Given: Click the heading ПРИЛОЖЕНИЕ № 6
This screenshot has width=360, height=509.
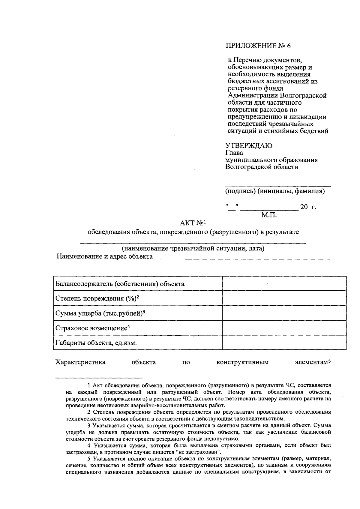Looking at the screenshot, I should pyautogui.click(x=258, y=46).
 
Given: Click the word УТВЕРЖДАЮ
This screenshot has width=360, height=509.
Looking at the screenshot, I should pyautogui.click(x=249, y=146).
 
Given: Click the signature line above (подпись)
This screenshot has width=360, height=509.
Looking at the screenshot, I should pyautogui.click(x=278, y=186).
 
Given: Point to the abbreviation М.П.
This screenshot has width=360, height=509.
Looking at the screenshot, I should pyautogui.click(x=269, y=215).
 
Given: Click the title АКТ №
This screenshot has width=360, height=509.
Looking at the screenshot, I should pyautogui.click(x=192, y=223).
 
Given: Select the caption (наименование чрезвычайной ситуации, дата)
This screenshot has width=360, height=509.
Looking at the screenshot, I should pyautogui.click(x=193, y=248).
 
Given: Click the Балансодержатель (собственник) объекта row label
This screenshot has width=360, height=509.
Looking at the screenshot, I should pyautogui.click(x=120, y=284).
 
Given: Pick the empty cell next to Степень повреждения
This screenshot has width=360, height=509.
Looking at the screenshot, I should pyautogui.click(x=284, y=298).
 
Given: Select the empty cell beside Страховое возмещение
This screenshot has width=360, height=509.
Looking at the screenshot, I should pyautogui.click(x=284, y=328).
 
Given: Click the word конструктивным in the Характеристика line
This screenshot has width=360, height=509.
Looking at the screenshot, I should pyautogui.click(x=242, y=362).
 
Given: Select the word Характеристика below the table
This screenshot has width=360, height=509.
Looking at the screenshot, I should pyautogui.click(x=80, y=362).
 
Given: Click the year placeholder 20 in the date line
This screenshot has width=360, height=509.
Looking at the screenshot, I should pyautogui.click(x=304, y=207).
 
